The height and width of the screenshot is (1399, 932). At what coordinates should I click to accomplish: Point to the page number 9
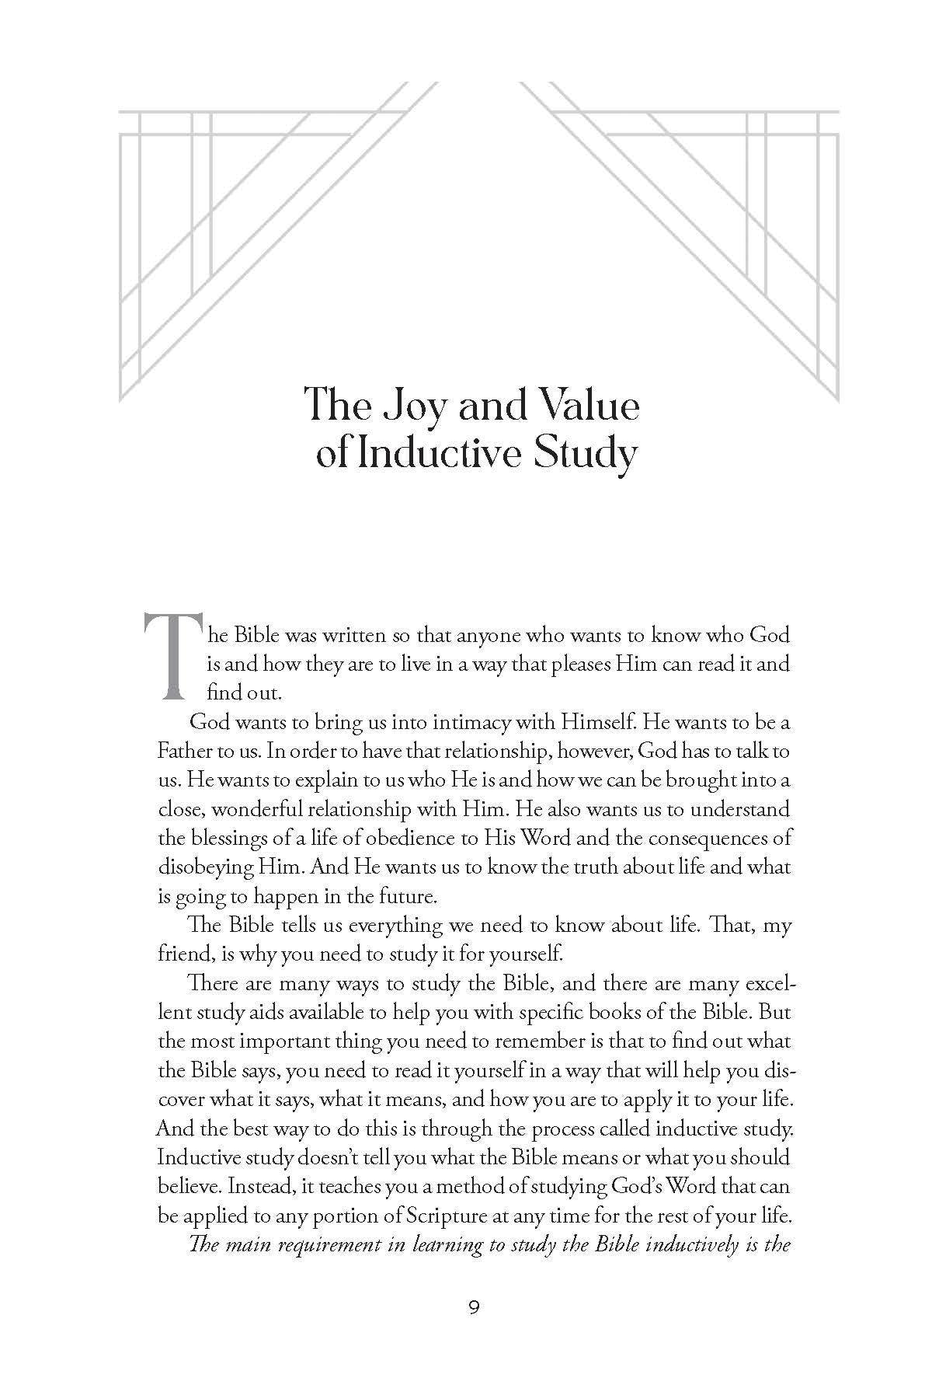click(x=474, y=1307)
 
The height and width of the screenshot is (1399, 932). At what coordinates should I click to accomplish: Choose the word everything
click(x=405, y=926)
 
